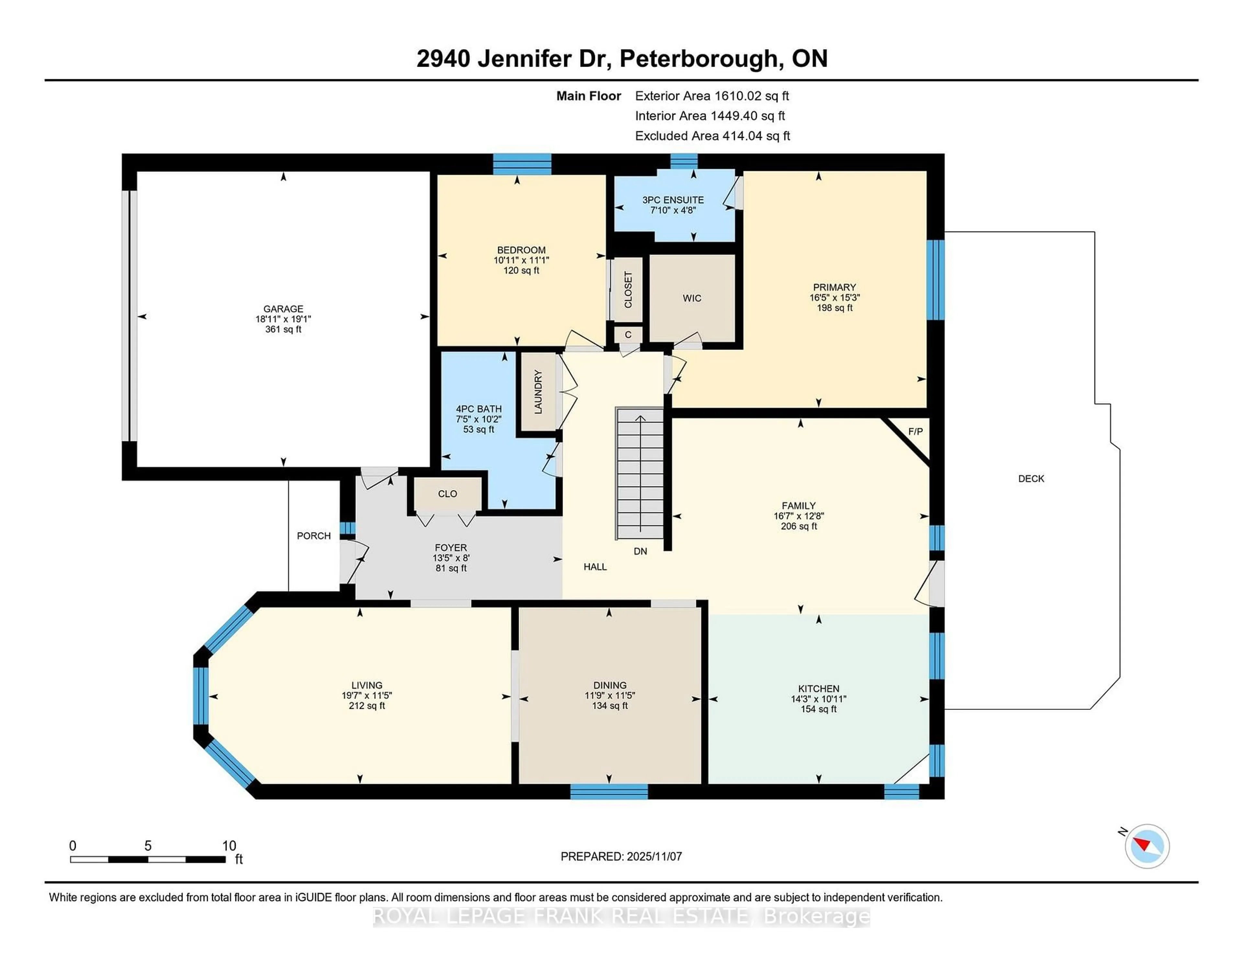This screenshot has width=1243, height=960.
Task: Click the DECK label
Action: tap(1031, 479)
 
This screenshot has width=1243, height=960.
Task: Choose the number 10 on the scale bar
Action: tap(229, 846)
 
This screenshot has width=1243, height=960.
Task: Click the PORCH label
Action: tap(314, 535)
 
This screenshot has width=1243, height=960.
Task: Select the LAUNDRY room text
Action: tap(538, 392)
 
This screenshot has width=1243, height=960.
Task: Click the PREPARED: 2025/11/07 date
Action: tap(621, 856)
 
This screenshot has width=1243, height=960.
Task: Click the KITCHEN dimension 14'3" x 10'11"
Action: tap(818, 699)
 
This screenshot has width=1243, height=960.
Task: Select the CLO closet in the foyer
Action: tap(447, 493)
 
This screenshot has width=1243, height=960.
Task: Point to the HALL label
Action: tap(595, 567)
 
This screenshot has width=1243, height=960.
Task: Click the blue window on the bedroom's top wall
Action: tap(522, 164)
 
